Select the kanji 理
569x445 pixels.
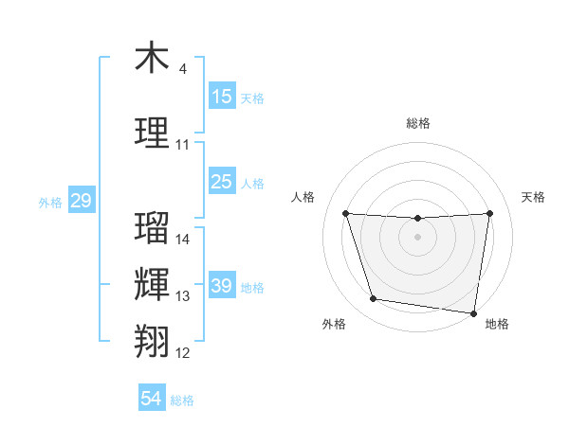(x=152, y=133)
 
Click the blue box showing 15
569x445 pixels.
(x=222, y=97)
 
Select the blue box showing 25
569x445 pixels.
(x=222, y=182)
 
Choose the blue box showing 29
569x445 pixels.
(x=81, y=201)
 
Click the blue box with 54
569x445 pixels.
(x=152, y=399)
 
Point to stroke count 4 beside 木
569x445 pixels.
(x=183, y=69)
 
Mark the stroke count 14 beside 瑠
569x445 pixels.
(x=183, y=240)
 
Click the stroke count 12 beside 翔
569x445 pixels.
(x=183, y=353)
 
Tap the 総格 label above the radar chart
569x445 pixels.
(x=417, y=123)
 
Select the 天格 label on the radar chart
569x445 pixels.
(x=533, y=197)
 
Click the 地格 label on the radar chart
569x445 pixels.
(x=497, y=324)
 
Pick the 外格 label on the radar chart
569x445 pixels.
(x=334, y=324)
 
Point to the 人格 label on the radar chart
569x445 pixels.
(x=303, y=197)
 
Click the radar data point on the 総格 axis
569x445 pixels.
(x=417, y=219)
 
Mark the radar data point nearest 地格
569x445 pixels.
(x=473, y=312)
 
